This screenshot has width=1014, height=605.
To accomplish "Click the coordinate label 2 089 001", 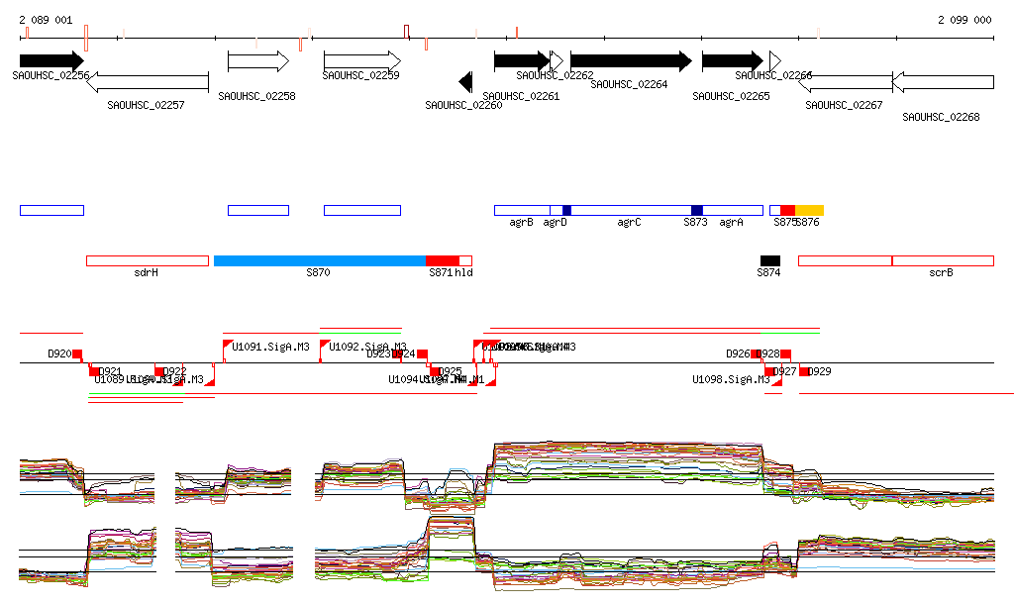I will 46,20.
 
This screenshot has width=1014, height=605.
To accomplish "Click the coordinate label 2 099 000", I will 964,20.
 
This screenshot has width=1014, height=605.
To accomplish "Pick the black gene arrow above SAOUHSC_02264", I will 631,60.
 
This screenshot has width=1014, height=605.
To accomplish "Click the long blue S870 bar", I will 319,260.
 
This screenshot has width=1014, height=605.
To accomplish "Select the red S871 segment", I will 442,260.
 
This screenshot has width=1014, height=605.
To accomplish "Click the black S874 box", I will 769,260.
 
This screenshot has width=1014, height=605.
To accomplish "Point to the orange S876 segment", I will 809,210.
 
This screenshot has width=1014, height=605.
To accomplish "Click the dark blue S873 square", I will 697,210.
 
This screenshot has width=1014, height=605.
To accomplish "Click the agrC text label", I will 629,223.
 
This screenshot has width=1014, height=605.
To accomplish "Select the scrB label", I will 941,272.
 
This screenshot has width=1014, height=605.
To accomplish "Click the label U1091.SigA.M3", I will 270,347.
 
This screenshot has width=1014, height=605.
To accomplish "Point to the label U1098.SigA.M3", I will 731,379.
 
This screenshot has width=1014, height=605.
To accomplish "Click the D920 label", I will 59,353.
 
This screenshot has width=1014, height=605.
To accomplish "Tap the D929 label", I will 820,372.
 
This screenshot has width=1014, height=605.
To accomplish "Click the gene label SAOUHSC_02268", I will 941,117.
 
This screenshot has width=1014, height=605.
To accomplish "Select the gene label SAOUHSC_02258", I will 256,97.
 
